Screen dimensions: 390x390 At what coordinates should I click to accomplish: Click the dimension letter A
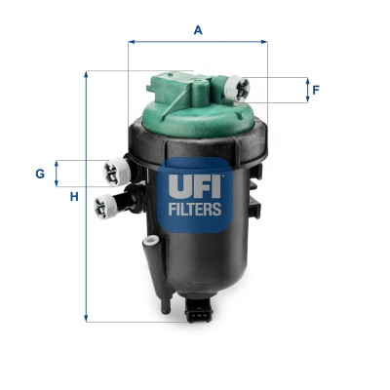[x=198, y=29]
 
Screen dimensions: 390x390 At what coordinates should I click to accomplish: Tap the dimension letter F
[x=316, y=91]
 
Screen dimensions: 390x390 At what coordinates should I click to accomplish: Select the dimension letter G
[x=40, y=174]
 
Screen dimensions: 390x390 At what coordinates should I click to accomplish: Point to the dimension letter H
[x=73, y=198]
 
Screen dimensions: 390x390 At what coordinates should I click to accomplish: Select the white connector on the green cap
[x=234, y=89]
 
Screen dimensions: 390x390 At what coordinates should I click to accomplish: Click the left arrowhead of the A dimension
[x=132, y=42]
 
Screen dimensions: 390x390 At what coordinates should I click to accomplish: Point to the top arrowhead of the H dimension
[x=87, y=74]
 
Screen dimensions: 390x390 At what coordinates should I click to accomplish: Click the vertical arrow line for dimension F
[x=304, y=91]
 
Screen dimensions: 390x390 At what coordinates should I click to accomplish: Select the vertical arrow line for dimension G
[x=57, y=174]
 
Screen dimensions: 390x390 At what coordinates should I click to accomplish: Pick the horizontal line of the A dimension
[x=198, y=42]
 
